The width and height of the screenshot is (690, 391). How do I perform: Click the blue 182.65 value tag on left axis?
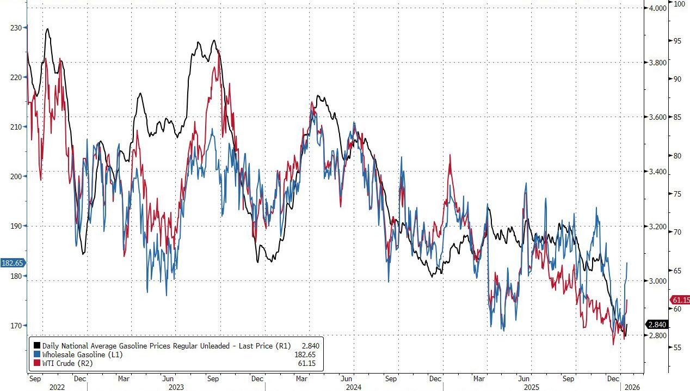[12, 263]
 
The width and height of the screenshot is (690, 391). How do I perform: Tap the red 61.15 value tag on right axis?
[681, 300]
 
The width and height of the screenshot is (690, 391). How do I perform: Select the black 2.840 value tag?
[657, 325]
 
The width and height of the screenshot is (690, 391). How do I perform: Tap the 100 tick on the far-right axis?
[680, 4]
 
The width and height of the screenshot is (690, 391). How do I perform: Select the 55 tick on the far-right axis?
[678, 347]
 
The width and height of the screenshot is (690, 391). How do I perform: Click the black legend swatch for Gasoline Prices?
[37, 345]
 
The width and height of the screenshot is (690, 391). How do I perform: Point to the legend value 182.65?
[305, 354]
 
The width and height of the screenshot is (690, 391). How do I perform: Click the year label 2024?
[354, 387]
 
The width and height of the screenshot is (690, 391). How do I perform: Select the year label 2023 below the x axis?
[176, 387]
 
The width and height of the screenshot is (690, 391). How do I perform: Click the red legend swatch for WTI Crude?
[37, 363]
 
